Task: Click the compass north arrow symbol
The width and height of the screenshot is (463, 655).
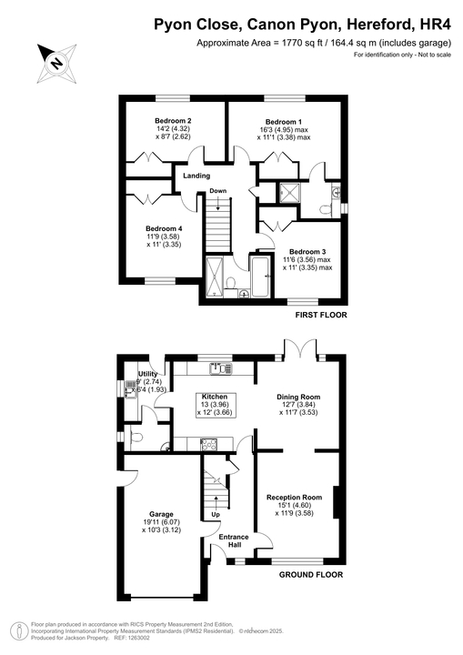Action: click(x=55, y=63)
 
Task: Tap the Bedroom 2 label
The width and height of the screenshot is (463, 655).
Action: click(x=172, y=121)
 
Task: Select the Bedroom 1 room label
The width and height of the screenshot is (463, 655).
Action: click(x=283, y=121)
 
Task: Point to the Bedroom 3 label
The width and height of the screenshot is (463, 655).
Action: click(x=307, y=251)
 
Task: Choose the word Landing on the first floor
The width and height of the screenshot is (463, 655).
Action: click(x=196, y=176)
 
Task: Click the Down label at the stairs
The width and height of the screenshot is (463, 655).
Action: click(x=217, y=191)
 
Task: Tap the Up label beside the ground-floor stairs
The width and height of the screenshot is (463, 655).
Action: click(x=216, y=515)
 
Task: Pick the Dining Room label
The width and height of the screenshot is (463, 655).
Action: click(x=299, y=398)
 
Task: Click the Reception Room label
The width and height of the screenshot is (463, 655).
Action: click(x=294, y=498)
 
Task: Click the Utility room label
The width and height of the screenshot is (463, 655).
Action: click(x=148, y=374)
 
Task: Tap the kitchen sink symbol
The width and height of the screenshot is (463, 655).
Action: click(x=218, y=368)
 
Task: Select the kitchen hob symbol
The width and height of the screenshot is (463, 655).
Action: click(x=208, y=444)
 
